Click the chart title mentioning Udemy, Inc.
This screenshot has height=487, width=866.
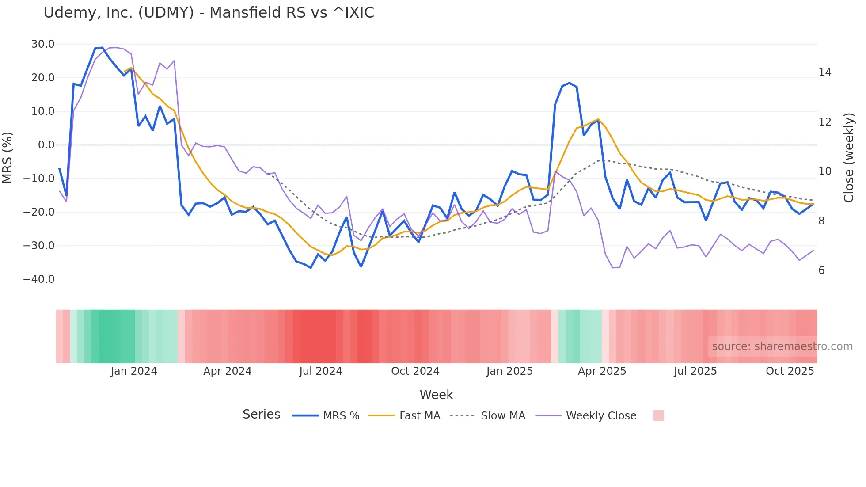[209, 13]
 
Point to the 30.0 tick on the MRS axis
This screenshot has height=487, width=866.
[43, 44]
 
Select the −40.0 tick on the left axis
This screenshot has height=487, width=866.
[39, 279]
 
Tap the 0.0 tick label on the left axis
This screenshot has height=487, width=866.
[46, 145]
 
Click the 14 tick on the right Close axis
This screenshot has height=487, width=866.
[824, 72]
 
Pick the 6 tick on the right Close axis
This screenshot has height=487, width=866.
[821, 270]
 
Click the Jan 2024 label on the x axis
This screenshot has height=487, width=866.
[134, 371]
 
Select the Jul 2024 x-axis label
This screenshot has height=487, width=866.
[321, 371]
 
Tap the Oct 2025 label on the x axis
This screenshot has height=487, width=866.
[790, 371]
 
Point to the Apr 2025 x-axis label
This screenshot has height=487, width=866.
[602, 371]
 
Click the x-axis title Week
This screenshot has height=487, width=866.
[436, 395]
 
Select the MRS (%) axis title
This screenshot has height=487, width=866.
[8, 158]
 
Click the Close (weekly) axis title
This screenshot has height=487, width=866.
[849, 158]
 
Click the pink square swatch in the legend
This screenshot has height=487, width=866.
[658, 415]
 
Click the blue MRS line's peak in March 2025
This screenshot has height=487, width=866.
[570, 83]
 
